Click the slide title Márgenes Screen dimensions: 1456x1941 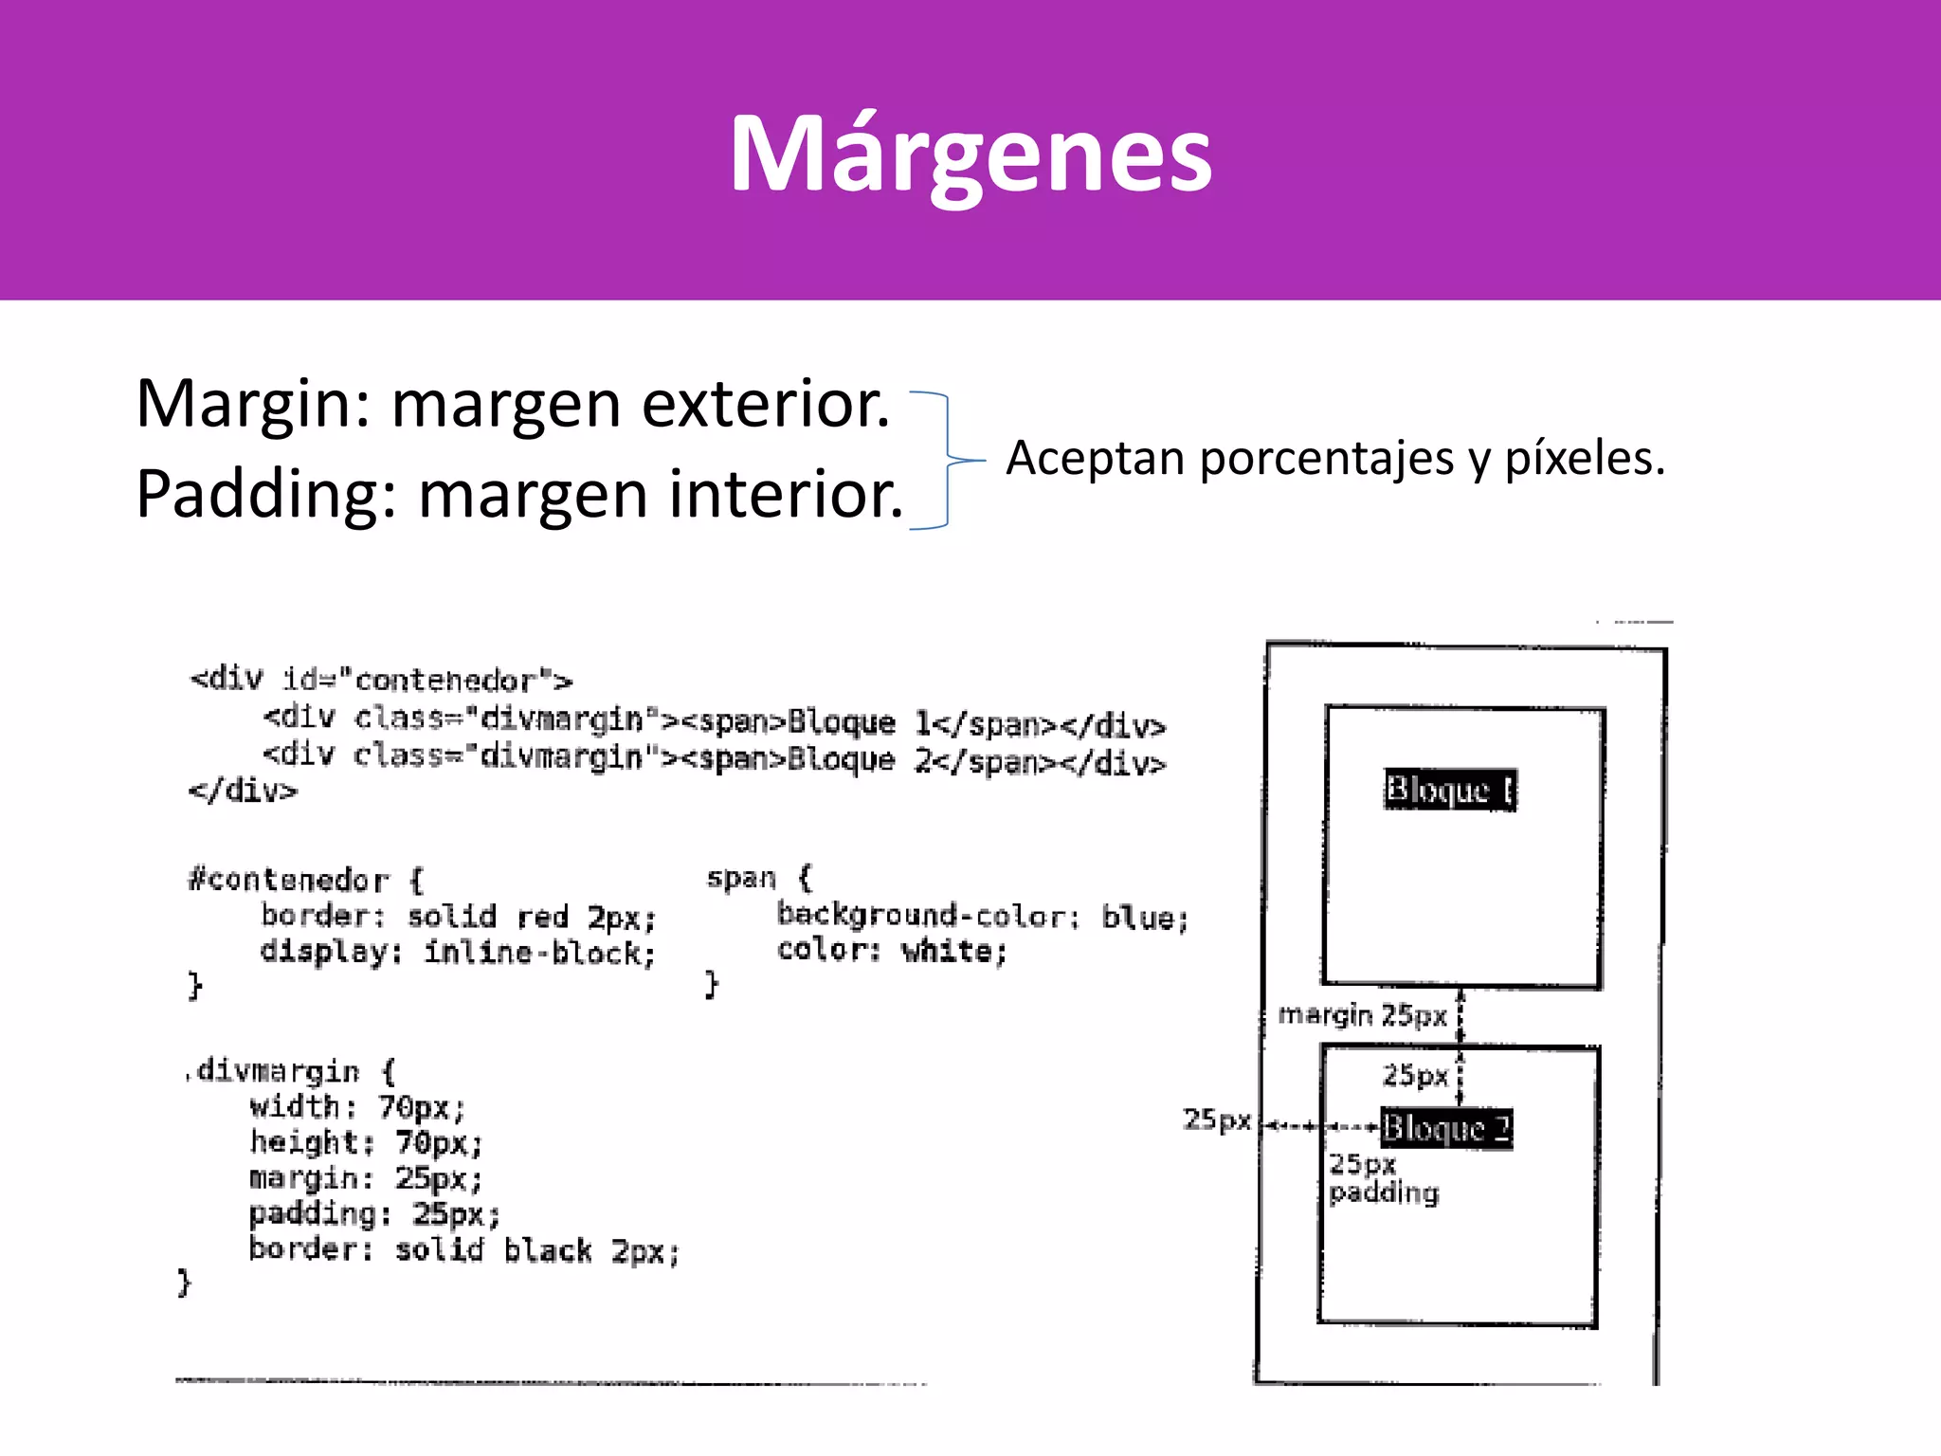point(970,154)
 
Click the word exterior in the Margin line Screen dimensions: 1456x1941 point(766,405)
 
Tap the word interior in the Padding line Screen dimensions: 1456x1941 point(785,495)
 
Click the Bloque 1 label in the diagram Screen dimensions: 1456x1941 point(1449,790)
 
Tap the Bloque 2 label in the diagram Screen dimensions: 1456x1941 point(1445,1128)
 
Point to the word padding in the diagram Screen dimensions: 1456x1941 point(1384,1193)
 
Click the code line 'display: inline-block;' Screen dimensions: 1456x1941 point(458,953)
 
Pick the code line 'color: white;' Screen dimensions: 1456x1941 point(891,951)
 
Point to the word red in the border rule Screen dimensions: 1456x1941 point(542,918)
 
